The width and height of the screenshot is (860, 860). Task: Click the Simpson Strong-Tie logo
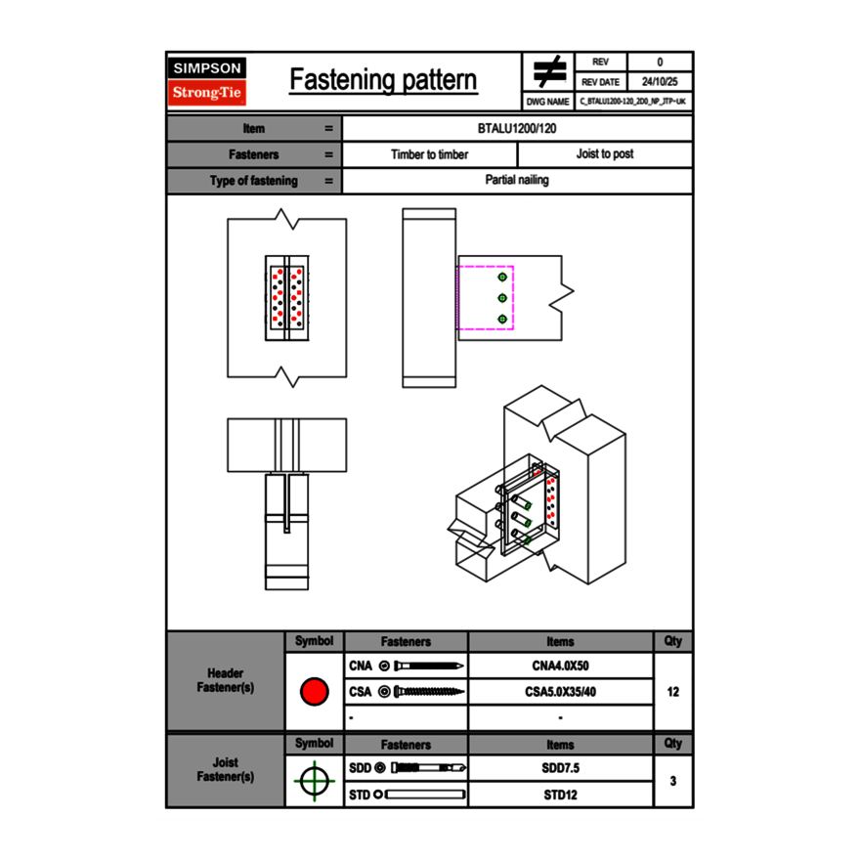click(x=207, y=80)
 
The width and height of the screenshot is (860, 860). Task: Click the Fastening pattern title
click(x=383, y=80)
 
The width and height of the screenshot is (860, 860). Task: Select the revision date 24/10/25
click(x=660, y=82)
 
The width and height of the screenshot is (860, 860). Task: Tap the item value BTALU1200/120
click(x=517, y=129)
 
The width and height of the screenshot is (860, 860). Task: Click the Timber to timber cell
click(x=429, y=154)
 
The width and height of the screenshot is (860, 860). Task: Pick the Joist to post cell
click(x=604, y=154)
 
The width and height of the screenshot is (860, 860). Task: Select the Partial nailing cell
click(x=517, y=181)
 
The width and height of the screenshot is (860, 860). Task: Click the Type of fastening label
click(x=253, y=181)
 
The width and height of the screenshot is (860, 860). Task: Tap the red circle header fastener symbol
click(x=314, y=692)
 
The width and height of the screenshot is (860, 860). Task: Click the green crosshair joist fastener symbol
click(x=314, y=782)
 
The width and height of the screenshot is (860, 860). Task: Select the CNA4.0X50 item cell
click(x=560, y=666)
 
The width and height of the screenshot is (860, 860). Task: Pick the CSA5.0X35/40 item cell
click(x=560, y=692)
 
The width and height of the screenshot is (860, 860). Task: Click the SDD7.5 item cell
click(x=560, y=768)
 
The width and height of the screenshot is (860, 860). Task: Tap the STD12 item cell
click(x=560, y=795)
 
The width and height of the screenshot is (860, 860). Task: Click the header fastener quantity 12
click(x=672, y=692)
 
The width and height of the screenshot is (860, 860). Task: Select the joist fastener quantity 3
click(x=672, y=782)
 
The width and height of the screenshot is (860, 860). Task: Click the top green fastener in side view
click(x=502, y=276)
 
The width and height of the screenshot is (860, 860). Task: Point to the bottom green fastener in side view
click(x=502, y=320)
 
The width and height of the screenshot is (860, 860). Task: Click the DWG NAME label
click(x=547, y=101)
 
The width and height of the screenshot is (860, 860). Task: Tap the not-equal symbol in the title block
click(x=548, y=72)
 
